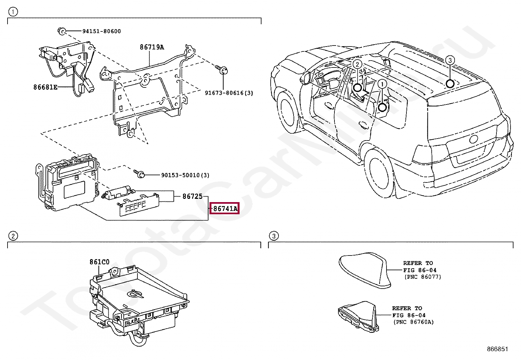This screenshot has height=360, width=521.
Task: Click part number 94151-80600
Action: [x=101, y=31]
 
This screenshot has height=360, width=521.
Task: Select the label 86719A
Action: [x=152, y=47]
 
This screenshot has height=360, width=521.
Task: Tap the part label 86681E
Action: [x=45, y=87]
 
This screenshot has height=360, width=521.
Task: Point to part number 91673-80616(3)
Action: [x=229, y=93]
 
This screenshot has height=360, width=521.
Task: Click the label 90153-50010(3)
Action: [x=185, y=175]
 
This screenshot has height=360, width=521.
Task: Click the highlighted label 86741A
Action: [x=225, y=208]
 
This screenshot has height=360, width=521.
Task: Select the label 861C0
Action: [x=99, y=262]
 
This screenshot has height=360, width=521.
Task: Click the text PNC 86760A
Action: [x=414, y=322]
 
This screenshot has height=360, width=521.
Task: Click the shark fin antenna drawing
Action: [x=365, y=269]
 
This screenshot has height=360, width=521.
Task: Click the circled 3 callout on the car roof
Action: [x=450, y=60]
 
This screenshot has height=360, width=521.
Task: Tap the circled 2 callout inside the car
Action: [x=357, y=64]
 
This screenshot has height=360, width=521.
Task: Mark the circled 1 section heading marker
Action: [x=12, y=12]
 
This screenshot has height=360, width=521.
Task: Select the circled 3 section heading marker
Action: [x=274, y=236]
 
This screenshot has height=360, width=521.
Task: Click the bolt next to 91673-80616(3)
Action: [x=223, y=70]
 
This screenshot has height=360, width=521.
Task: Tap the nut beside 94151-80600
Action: [x=61, y=31]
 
